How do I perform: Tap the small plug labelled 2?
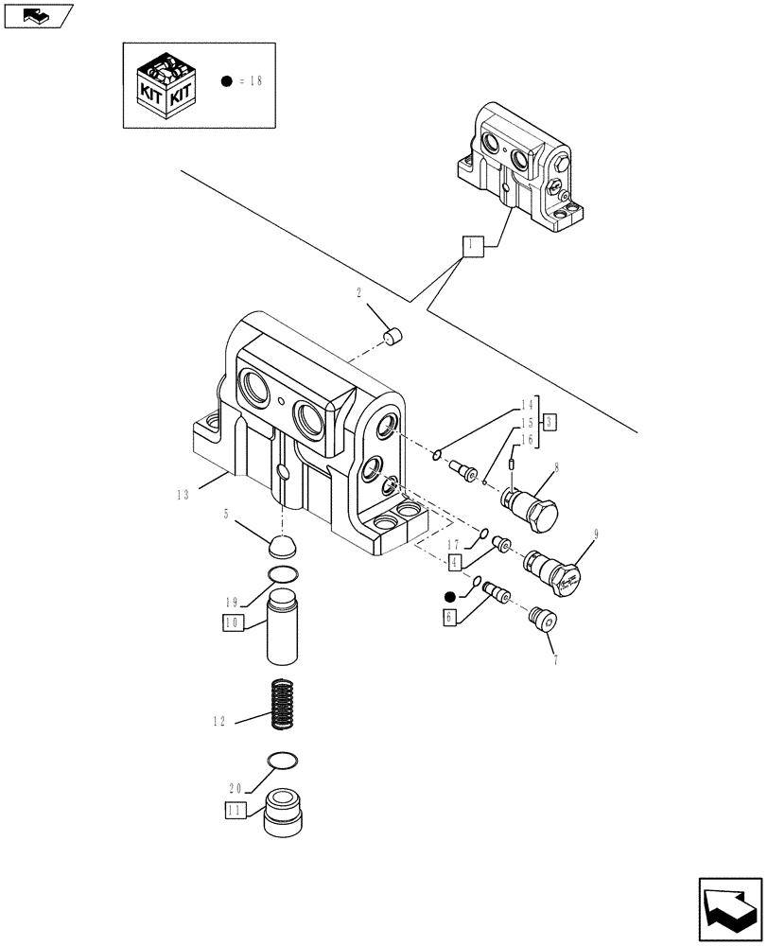[393, 335]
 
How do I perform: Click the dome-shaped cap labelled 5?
[282, 547]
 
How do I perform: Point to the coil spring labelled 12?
[282, 706]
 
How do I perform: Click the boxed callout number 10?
[234, 622]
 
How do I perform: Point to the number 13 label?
[184, 493]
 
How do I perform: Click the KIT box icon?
[166, 84]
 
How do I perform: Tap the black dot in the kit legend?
[227, 81]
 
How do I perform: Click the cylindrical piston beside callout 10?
[282, 627]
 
